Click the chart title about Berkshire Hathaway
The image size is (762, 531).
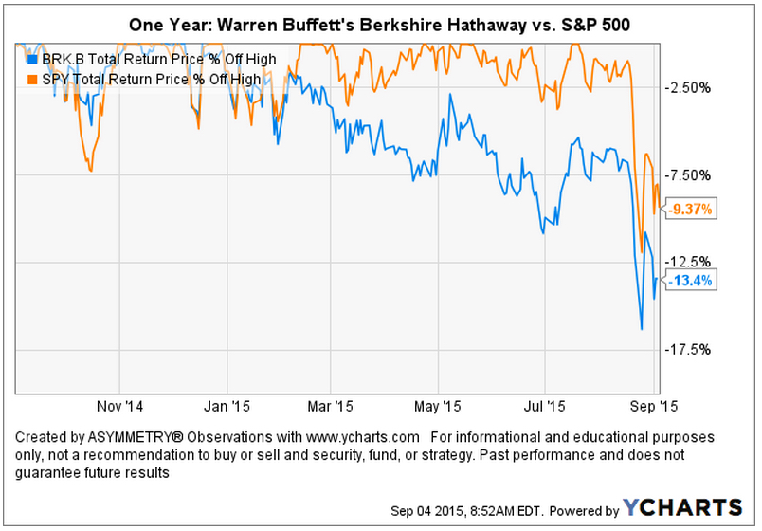380,22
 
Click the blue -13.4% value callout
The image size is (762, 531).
689,281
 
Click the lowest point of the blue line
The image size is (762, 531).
642,329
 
